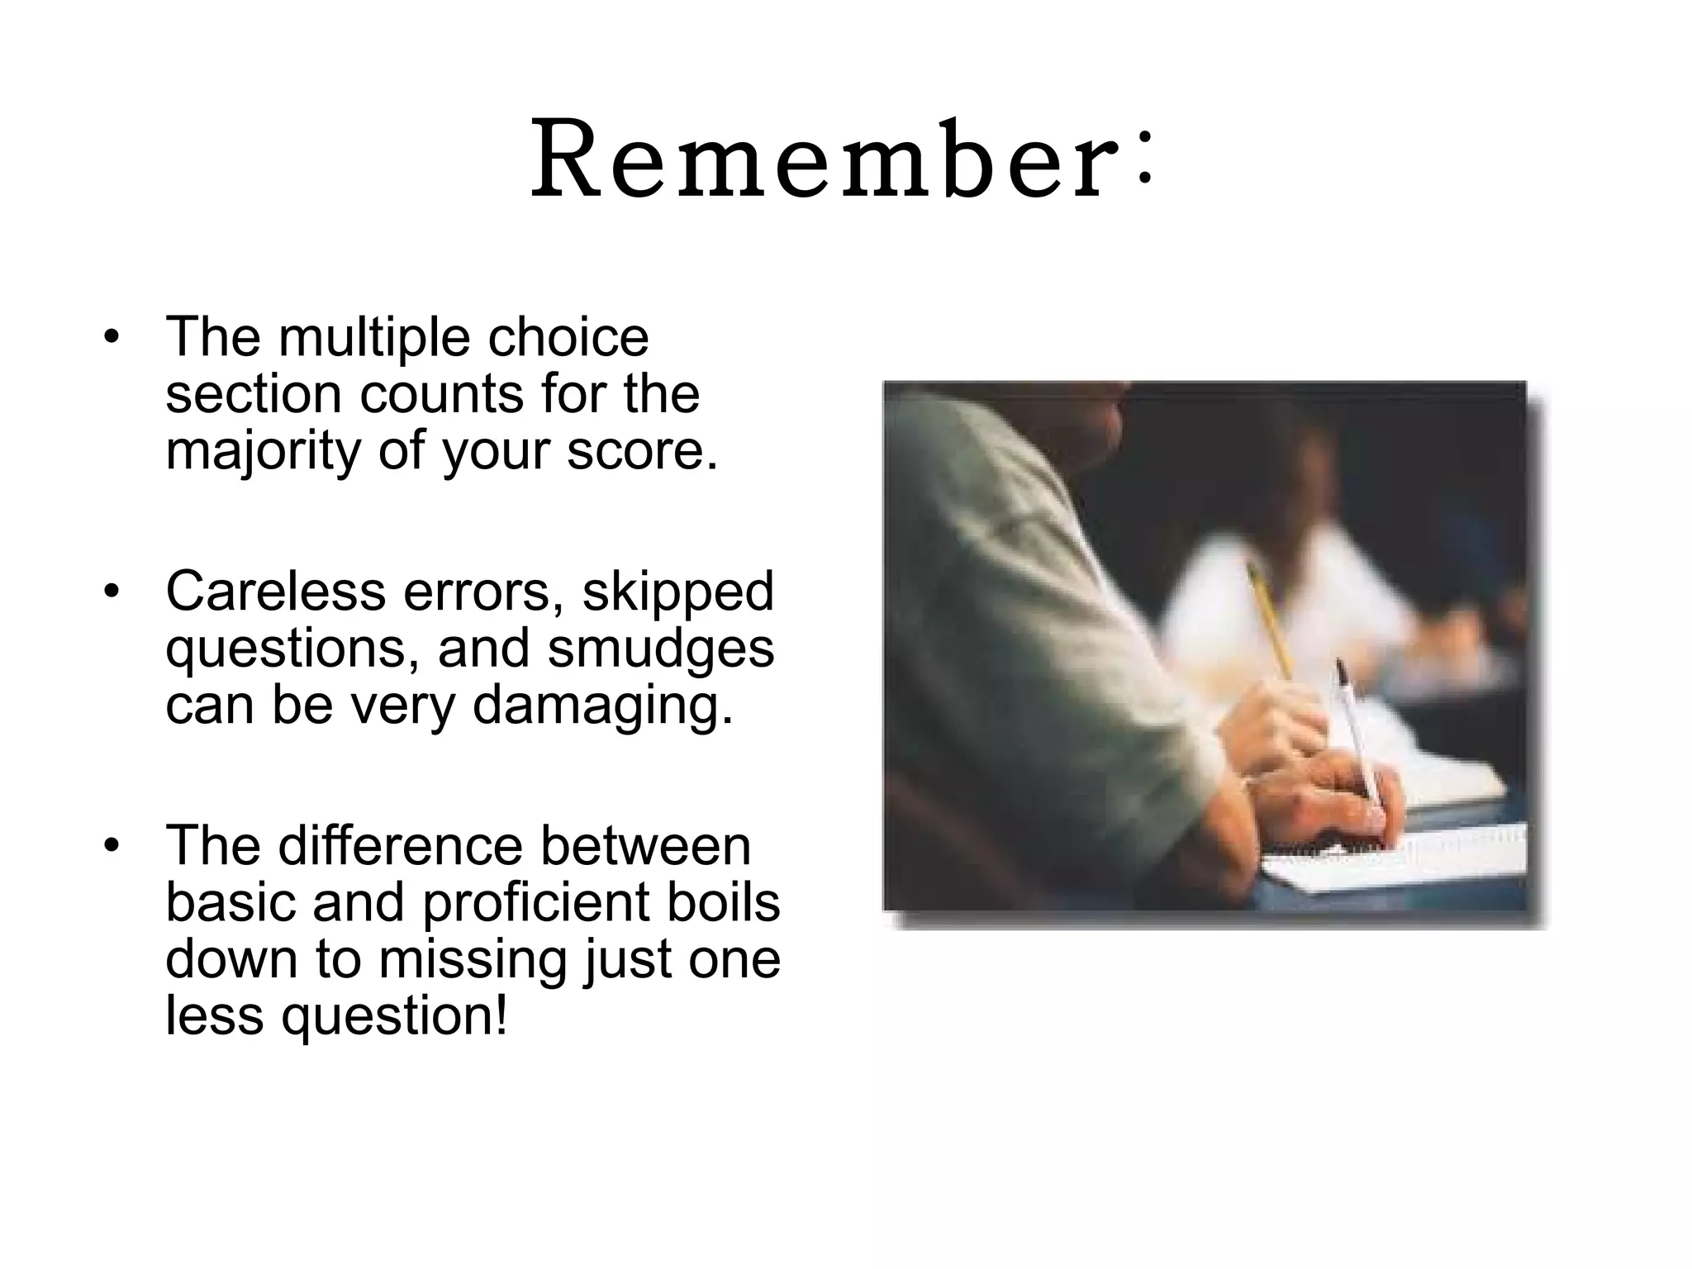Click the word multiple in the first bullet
(376, 339)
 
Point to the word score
(640, 452)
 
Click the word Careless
(275, 592)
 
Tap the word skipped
(677, 593)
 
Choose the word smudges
(661, 651)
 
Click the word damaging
(601, 707)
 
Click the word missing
(473, 960)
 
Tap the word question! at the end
(394, 1017)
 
